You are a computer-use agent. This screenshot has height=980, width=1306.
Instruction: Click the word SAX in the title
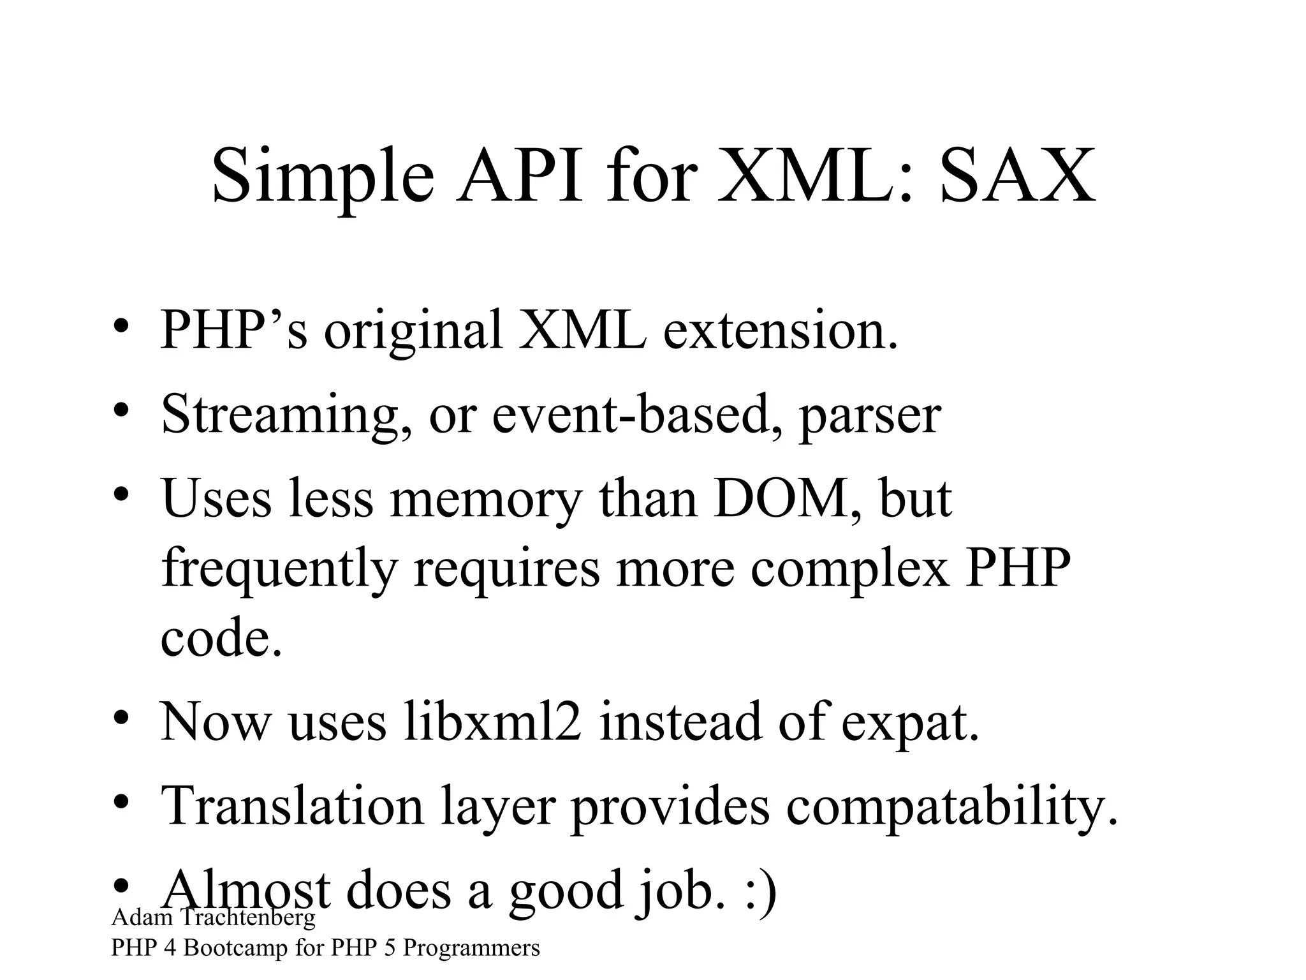[x=1018, y=175]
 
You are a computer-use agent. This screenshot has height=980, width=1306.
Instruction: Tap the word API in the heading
[x=519, y=175]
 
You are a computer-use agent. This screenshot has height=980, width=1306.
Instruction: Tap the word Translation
[x=293, y=806]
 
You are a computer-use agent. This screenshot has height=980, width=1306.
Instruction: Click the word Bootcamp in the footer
[x=235, y=948]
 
